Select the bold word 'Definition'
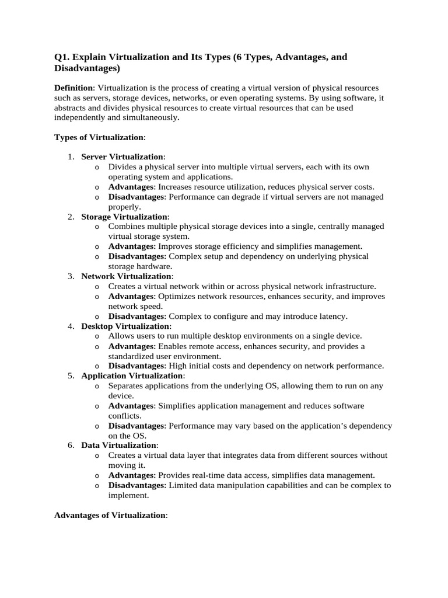tap(73, 88)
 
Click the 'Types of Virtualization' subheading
tap(99, 137)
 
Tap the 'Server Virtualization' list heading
tap(123, 157)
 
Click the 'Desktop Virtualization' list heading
tap(125, 326)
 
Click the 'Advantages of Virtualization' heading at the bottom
tap(110, 516)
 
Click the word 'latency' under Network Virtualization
tap(331, 317)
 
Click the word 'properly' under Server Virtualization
tap(124, 207)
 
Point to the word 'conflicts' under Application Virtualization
tap(124, 416)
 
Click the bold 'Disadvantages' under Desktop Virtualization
tap(137, 366)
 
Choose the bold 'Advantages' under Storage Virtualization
tap(131, 246)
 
